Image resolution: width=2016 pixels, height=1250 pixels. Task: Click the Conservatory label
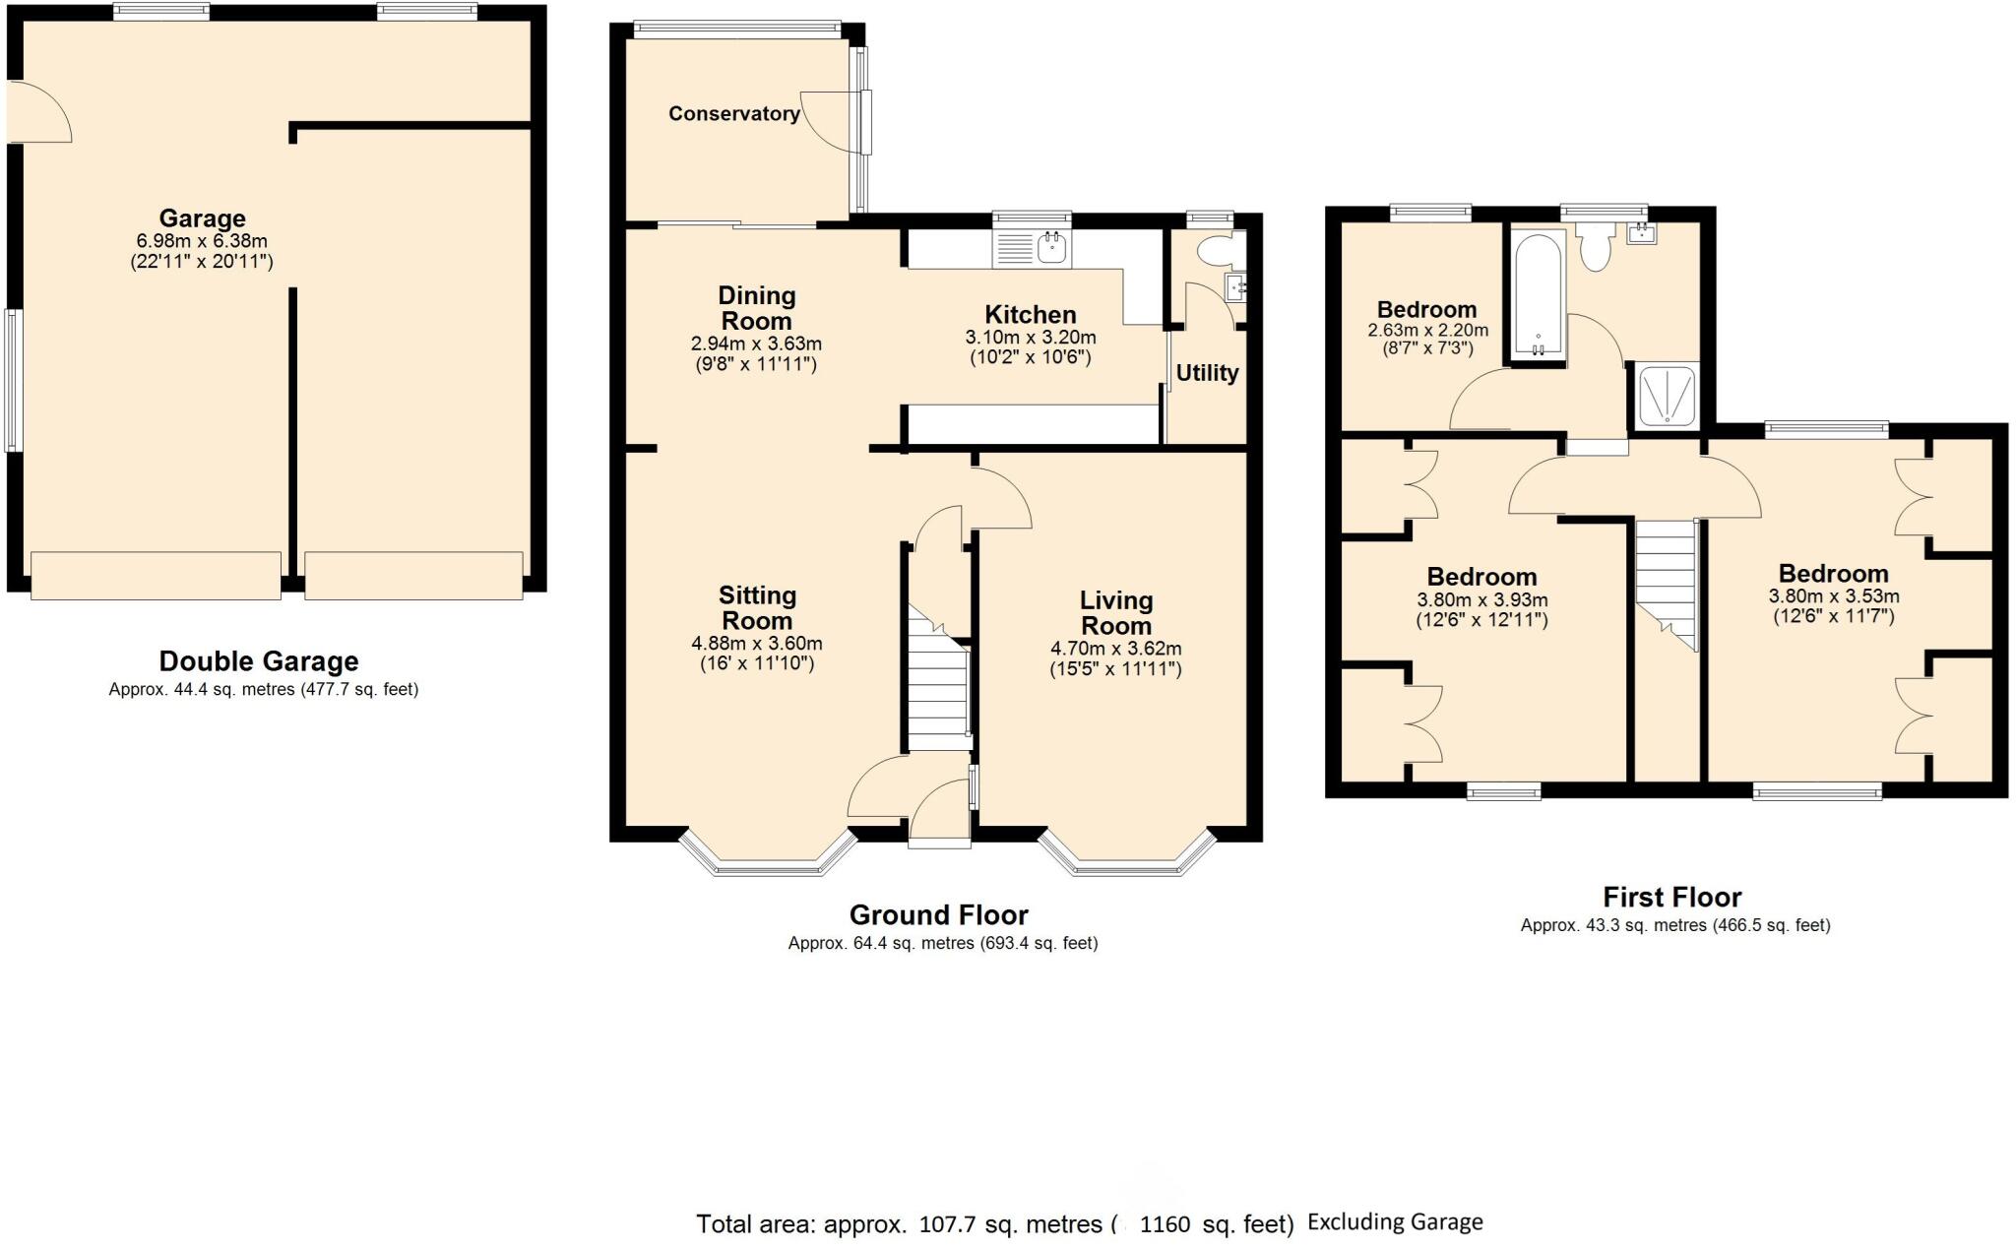point(733,114)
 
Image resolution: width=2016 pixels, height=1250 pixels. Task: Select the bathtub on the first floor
point(1537,293)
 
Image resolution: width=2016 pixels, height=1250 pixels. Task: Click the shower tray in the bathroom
point(1667,397)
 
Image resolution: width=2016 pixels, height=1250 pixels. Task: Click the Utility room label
point(1207,374)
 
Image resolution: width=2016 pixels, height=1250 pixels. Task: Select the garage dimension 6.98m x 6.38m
point(202,241)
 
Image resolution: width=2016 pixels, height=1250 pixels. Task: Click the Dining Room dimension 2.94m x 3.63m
point(756,344)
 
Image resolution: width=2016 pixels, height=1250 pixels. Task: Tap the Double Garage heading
point(259,661)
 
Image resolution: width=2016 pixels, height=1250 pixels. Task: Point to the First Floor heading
point(1671,898)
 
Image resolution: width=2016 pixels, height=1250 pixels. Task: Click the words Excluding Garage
point(1395,1222)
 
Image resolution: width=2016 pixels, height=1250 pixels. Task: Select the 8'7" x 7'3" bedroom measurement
point(1426,348)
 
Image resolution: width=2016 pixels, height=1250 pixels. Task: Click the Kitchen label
point(1030,315)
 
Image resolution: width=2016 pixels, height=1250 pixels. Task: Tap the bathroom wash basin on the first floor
point(1641,233)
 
